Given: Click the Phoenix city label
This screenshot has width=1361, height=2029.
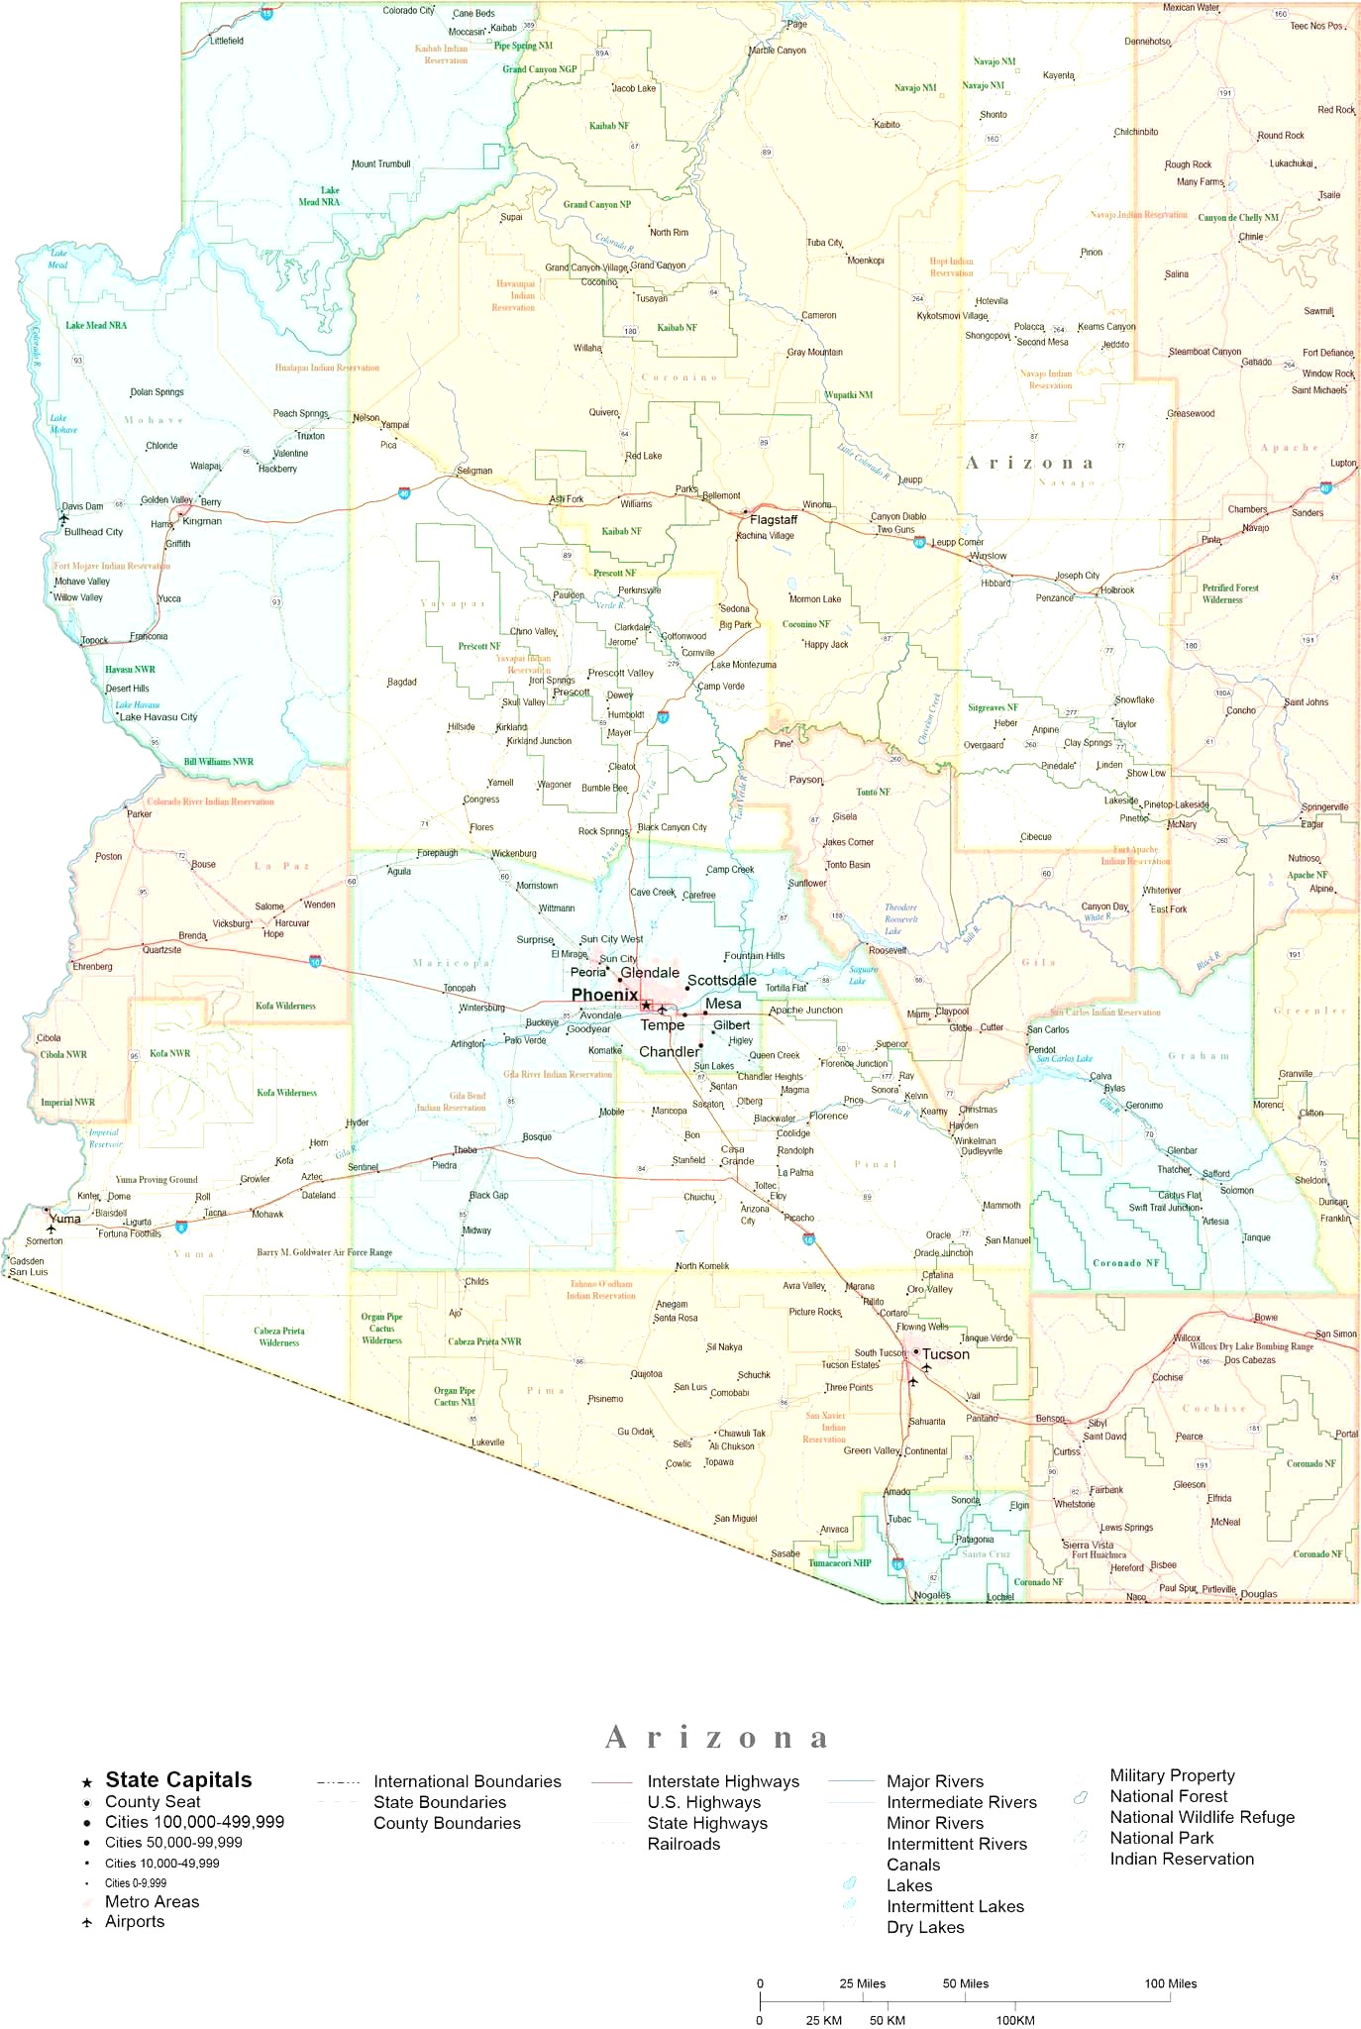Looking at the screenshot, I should tap(604, 995).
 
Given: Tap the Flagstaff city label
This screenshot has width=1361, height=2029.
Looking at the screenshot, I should tap(774, 519).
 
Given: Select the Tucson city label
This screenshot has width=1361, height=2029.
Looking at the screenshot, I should tap(946, 1354).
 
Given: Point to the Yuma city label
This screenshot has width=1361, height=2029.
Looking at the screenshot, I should tap(65, 1219).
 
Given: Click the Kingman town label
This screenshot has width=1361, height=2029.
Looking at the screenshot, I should tap(202, 521).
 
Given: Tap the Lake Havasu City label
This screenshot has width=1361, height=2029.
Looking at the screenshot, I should tap(158, 716).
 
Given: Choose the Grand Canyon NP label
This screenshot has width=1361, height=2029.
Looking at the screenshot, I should tap(596, 205).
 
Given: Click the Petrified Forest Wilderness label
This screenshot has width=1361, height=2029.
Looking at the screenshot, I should tap(1230, 593).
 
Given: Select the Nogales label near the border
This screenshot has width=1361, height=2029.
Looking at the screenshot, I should tap(932, 1595).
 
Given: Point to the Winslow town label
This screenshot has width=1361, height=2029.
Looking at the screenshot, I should tap(988, 556).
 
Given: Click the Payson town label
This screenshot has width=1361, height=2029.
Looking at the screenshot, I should tap(805, 780).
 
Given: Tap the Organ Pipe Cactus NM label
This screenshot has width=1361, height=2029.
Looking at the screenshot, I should tap(454, 1396).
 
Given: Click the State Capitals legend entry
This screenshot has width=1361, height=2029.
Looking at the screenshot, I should tap(178, 1780).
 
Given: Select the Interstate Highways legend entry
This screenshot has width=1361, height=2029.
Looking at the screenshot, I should tap(723, 1781).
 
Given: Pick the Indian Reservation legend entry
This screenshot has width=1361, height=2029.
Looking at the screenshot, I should tap(1182, 1859).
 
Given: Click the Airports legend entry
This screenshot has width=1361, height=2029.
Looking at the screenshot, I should tap(135, 1921).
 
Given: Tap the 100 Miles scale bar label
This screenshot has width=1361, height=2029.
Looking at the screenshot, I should tap(1171, 1983).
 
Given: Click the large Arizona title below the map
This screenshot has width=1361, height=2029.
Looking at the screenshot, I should tap(716, 1738).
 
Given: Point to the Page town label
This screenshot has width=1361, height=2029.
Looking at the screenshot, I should tap(796, 25).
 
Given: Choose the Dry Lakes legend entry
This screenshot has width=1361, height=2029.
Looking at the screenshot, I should tap(925, 1927).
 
